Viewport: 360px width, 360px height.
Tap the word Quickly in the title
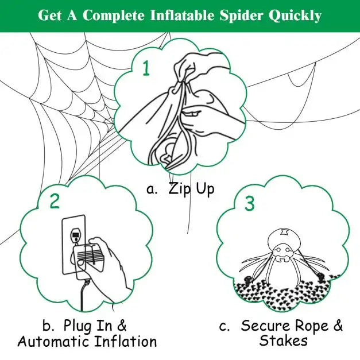click(x=298, y=16)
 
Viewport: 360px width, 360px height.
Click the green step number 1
click(x=146, y=69)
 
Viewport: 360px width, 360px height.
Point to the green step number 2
click(x=55, y=201)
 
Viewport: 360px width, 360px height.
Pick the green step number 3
click(x=249, y=203)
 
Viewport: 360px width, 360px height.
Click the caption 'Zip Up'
click(x=191, y=189)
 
